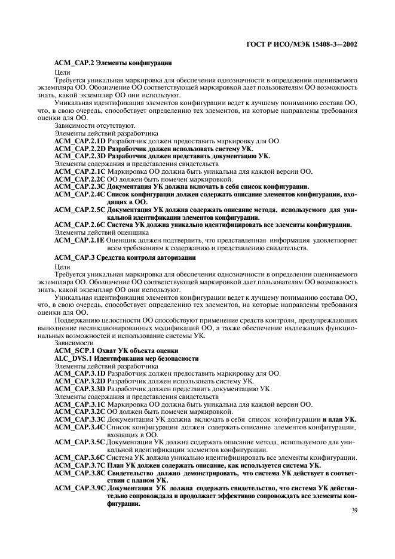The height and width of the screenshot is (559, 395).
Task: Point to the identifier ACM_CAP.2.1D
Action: click(x=79, y=141)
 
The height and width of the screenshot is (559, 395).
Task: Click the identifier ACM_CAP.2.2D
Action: click(x=79, y=149)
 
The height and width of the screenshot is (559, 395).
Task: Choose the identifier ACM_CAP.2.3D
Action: click(x=79, y=156)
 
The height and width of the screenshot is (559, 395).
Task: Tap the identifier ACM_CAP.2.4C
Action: click(x=79, y=194)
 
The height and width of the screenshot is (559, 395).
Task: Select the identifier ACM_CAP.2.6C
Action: click(x=79, y=225)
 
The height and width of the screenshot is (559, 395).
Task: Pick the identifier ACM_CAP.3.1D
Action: click(x=79, y=373)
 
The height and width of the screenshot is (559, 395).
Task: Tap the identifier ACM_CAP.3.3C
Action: click(x=79, y=419)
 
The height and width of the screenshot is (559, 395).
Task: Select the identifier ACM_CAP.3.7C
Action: click(x=79, y=465)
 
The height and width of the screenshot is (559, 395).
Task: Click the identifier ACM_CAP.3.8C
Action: click(x=79, y=472)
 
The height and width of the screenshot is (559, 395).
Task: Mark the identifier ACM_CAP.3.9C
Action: click(x=79, y=488)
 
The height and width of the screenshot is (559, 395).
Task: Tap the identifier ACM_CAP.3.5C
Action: click(x=79, y=442)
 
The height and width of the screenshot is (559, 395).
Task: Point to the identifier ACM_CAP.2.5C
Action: click(x=79, y=210)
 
